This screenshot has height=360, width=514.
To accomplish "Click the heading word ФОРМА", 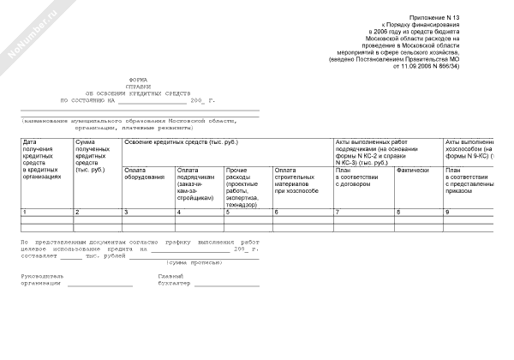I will tap(138, 77).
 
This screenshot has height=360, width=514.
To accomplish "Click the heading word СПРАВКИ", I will tap(138, 84).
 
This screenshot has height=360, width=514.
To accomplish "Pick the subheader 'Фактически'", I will tap(412, 170).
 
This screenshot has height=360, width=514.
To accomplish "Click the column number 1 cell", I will tap(26, 211).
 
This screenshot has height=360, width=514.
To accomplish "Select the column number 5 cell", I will tap(227, 211).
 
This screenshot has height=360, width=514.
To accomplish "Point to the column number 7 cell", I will tap(337, 211).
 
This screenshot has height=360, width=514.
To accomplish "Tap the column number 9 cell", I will tap(446, 211).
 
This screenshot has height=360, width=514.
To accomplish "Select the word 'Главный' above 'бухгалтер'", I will tap(171, 276).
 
